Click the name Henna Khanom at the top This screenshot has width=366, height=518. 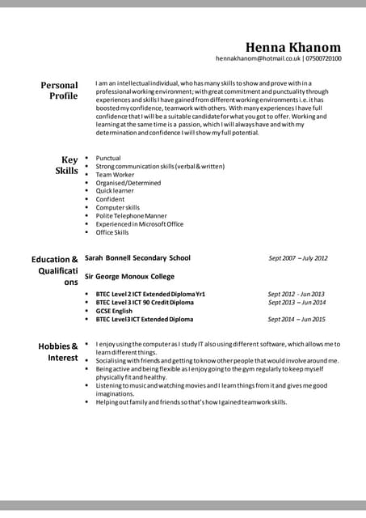coord(293,47)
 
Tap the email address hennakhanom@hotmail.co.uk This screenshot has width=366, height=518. coord(258,59)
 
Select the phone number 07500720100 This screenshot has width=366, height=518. coord(323,59)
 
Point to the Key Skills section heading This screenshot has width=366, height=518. coord(67,165)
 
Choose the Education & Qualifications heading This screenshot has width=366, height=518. coord(55,270)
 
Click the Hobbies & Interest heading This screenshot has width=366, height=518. coord(58,352)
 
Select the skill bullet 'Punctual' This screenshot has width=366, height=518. coord(108,159)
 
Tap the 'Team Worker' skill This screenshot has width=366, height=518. coord(115,175)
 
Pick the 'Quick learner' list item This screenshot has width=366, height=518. coord(116,191)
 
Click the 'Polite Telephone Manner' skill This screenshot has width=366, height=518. coord(131,216)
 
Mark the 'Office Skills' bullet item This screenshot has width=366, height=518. coord(112,232)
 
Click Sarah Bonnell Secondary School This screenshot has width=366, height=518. coord(137,258)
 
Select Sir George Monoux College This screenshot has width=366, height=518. coord(129,276)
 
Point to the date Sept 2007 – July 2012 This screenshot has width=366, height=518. coord(297,259)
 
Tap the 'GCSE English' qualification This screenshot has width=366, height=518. coord(114,311)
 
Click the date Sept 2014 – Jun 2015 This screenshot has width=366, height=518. coord(297,320)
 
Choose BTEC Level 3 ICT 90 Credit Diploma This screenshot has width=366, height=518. coord(145,303)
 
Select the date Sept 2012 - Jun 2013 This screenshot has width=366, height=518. coord(296,294)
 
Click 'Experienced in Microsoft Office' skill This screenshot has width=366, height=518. coord(139,224)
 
